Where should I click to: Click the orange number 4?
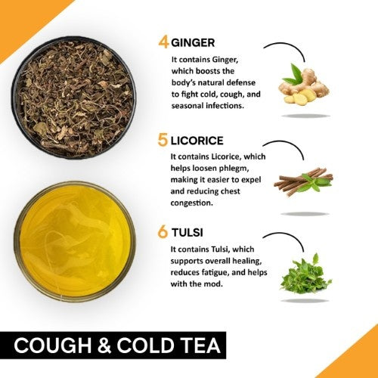pyautogui.click(x=163, y=42)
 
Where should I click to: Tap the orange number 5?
pyautogui.click(x=163, y=141)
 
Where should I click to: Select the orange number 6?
pyautogui.click(x=163, y=232)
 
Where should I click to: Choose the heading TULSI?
pyautogui.click(x=189, y=232)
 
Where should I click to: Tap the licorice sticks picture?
pyautogui.click(x=302, y=182)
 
